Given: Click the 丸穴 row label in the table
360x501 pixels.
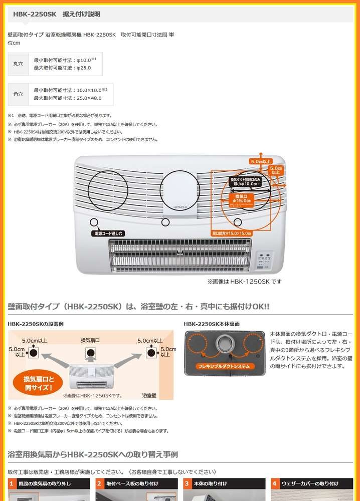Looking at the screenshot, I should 18,64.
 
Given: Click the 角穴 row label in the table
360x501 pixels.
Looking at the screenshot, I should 18,94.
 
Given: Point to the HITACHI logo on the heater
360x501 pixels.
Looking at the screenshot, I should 180,205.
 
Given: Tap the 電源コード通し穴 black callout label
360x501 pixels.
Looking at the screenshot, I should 107,233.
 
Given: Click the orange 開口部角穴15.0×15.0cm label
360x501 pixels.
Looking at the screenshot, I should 232,233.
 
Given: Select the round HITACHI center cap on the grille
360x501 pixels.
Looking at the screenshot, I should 180,190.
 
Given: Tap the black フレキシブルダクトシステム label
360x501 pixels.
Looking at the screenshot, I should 224,367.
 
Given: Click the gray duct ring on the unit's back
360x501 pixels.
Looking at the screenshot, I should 224,345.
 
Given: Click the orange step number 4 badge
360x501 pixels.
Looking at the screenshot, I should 275,483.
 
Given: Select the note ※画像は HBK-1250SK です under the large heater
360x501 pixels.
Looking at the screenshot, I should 244,282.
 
